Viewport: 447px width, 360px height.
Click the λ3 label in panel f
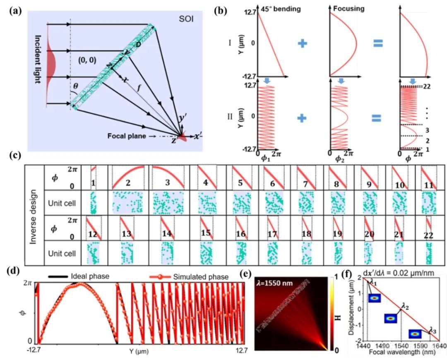click(x=432, y=330)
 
